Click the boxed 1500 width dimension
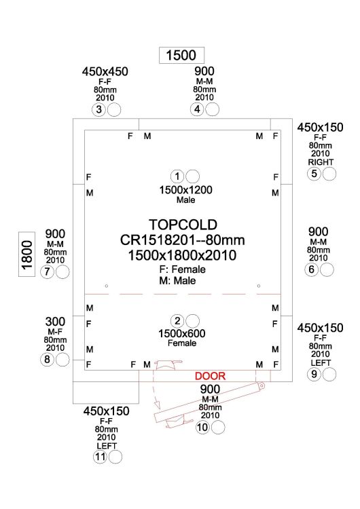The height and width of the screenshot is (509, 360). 181,55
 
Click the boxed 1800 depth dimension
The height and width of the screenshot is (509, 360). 27,254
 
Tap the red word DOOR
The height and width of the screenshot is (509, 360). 210,376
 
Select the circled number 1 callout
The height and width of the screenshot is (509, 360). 177,176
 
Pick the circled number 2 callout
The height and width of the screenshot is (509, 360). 177,321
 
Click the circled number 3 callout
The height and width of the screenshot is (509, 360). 98,110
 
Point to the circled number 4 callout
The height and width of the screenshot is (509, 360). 197,109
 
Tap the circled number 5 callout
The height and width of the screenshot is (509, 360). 314,174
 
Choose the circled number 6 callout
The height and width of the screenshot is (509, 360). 311,269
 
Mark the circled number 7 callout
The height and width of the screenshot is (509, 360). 47,271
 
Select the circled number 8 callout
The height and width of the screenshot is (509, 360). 47,360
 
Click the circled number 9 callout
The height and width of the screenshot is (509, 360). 314,374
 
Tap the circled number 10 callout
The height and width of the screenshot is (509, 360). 202,428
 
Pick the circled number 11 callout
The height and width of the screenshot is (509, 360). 100,457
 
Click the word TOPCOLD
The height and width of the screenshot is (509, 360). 183,225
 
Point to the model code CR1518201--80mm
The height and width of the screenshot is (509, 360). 182,240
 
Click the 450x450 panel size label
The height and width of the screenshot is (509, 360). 105,71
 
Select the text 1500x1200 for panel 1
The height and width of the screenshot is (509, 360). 185,190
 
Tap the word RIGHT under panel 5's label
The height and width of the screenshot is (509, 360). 321,162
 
